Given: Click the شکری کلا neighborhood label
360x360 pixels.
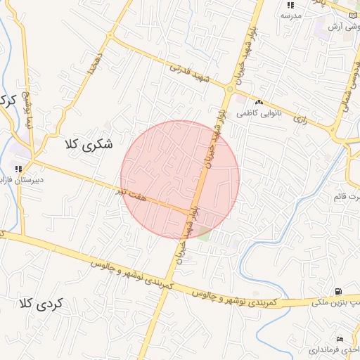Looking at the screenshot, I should (87, 146).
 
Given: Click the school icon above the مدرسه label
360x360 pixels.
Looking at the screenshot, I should (290, 5).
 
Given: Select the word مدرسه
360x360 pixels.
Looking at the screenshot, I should (290, 15).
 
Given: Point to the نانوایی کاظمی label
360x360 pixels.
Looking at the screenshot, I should (258, 112).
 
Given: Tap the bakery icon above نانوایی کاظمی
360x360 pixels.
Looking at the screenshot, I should (259, 102).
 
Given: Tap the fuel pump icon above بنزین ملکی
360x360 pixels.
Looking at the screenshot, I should (339, 291).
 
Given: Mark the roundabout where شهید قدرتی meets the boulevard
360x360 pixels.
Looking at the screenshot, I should (230, 89).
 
